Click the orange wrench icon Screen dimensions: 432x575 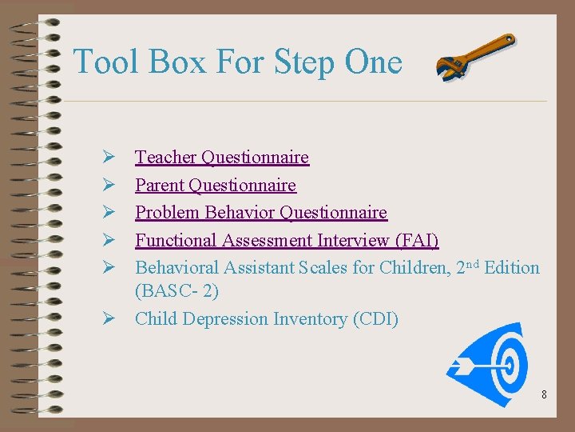(476, 57)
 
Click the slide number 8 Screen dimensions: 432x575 (544, 394)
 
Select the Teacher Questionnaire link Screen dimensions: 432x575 (221, 158)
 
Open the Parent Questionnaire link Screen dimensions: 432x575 (215, 186)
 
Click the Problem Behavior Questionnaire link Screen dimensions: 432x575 (260, 213)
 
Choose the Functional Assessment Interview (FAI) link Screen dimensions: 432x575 (287, 240)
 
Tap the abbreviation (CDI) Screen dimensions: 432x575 (375, 319)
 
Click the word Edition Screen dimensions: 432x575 (512, 267)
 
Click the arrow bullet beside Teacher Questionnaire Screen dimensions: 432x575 (109, 158)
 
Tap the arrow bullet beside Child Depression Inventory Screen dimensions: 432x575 (109, 319)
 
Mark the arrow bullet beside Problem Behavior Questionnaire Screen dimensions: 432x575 (109, 213)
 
